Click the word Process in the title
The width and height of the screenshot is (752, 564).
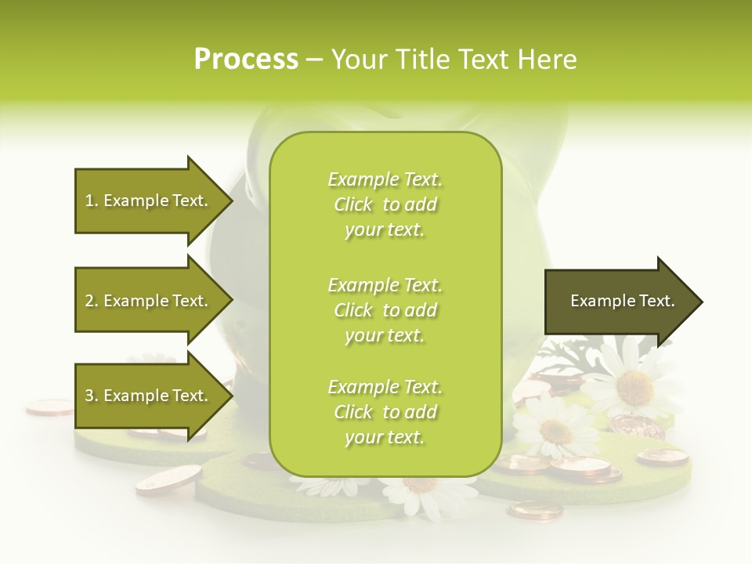(x=246, y=60)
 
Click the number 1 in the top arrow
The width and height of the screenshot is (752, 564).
(x=89, y=201)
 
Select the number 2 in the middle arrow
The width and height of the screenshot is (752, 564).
(x=89, y=301)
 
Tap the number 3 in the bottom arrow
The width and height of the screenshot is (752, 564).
(x=89, y=396)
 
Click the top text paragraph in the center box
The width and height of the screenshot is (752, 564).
(x=385, y=204)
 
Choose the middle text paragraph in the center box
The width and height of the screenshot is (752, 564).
(x=385, y=309)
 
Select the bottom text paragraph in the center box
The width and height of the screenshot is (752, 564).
(x=385, y=412)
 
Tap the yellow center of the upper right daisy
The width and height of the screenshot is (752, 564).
(x=634, y=386)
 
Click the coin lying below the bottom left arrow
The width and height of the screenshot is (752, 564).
(x=168, y=479)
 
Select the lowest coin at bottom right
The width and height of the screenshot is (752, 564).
(x=535, y=510)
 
